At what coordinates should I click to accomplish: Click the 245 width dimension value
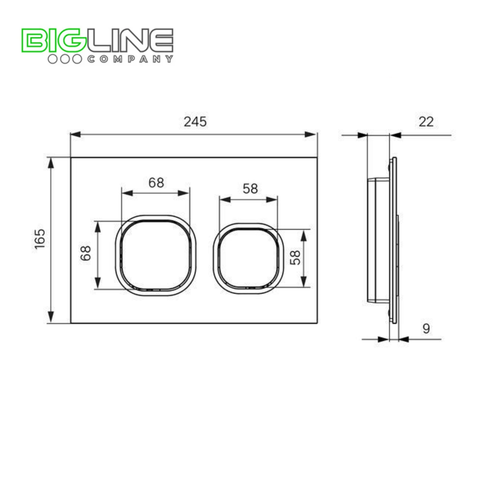coord(195,122)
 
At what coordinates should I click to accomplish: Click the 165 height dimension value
coord(40,239)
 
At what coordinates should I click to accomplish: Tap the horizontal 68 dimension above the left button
coord(156,183)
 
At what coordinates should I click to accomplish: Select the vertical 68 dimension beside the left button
coord(86,253)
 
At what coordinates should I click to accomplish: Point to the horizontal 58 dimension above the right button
coord(250,189)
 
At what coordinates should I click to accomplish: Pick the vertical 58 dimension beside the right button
coord(295,258)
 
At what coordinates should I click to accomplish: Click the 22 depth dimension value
coord(426,122)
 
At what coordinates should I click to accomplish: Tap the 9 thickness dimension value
coord(426,328)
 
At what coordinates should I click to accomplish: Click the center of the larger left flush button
coord(156,255)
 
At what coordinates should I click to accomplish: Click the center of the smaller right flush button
coord(248,258)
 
